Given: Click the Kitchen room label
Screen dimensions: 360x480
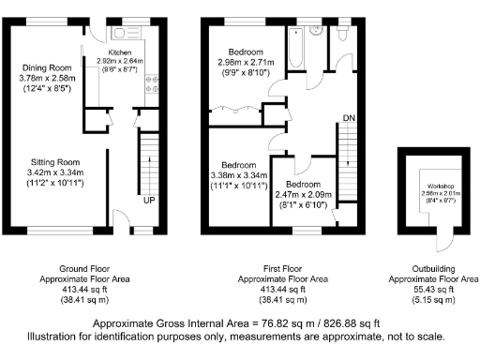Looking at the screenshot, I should click(x=121, y=52).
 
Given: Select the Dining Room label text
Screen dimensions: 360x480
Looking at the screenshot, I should click(x=47, y=67).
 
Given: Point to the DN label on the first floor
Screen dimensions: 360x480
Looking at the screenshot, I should click(x=348, y=117).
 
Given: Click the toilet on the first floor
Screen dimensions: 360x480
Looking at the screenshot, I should click(x=341, y=34).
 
